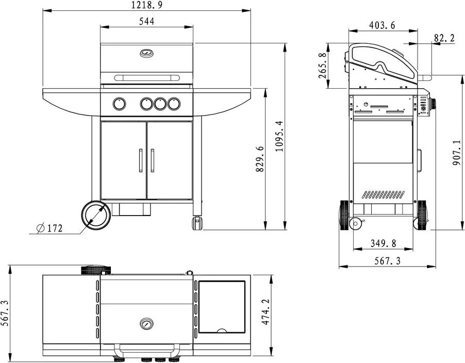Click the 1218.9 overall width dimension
point(147,5)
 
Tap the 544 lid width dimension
point(147,21)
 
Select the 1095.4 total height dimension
point(279,136)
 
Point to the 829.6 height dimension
point(259,159)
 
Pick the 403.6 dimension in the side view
point(383,25)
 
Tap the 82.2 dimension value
point(444,38)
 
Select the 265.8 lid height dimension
point(323,65)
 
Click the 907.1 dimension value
point(456,153)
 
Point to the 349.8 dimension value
point(383,243)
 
